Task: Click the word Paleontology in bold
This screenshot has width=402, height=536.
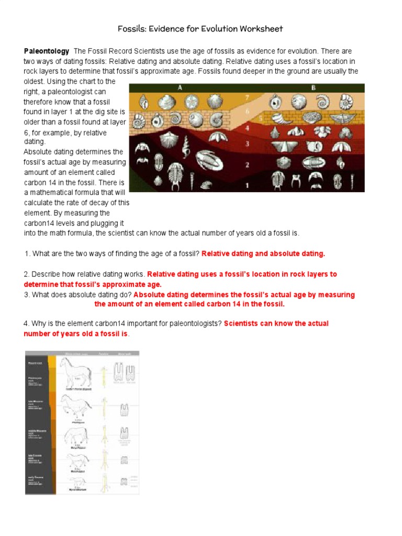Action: click(x=47, y=51)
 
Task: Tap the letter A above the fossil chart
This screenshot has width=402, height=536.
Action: click(x=180, y=88)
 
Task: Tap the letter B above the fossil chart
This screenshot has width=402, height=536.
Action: click(x=314, y=88)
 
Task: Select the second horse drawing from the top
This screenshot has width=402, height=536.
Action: click(x=76, y=405)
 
